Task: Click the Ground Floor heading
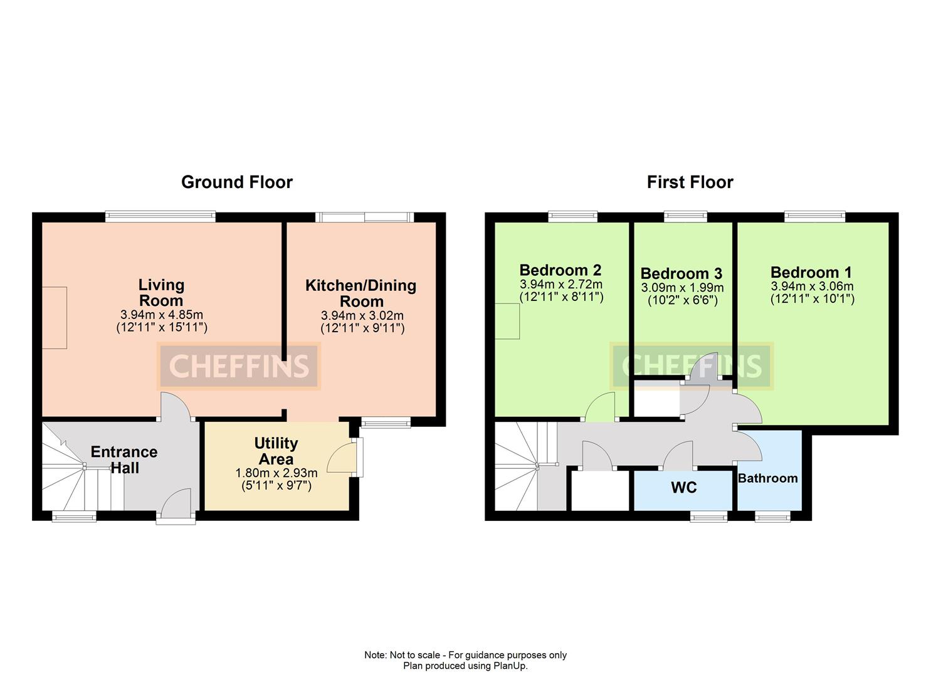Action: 236,182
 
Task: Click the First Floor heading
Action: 690,182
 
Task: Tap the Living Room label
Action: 161,293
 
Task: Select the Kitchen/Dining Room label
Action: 361,293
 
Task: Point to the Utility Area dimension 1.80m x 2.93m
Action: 276,473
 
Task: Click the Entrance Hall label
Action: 124,459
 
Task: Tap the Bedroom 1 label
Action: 811,272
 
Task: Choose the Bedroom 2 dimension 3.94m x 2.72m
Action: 560,284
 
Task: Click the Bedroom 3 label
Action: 681,273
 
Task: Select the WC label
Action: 683,488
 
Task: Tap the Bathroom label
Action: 767,478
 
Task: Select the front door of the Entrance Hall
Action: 176,505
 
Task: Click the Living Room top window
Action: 160,217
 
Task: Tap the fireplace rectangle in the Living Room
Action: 55,317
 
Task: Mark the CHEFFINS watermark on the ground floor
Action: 238,366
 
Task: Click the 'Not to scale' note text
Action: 465,655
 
